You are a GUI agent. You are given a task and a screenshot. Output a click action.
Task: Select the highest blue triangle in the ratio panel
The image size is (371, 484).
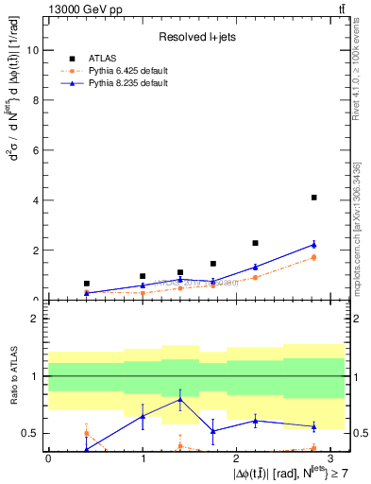click(x=179, y=399)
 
